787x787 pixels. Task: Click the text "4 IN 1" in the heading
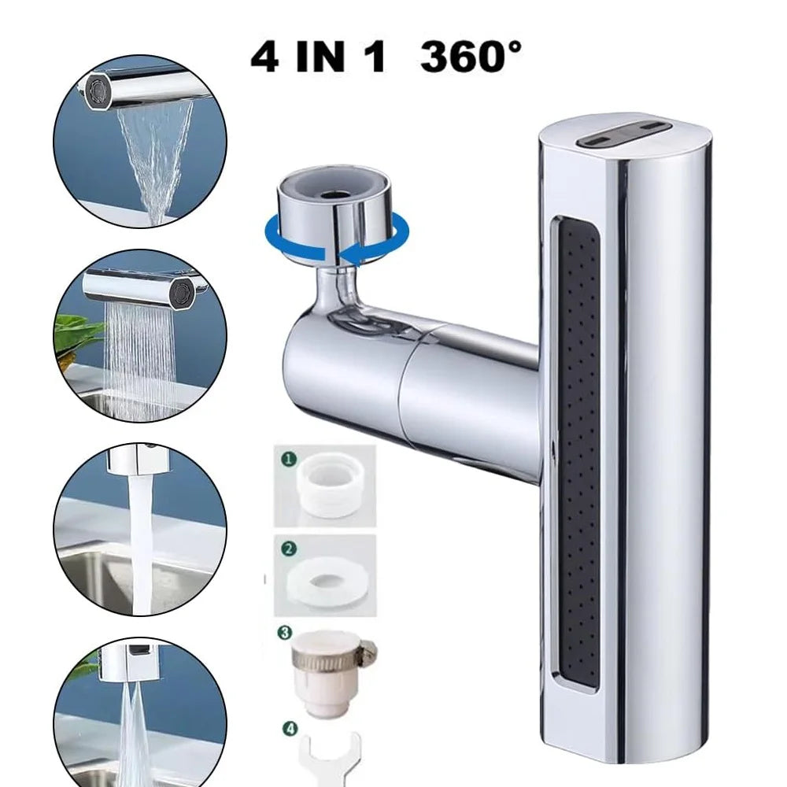point(320,57)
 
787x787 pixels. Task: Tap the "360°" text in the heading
point(471,56)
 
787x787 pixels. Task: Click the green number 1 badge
point(289,459)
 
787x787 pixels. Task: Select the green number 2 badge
point(288,549)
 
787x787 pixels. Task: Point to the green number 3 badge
point(284,633)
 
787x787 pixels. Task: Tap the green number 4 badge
point(290,728)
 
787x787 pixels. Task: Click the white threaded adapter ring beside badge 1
point(327,489)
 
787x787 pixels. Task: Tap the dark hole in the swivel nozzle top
point(331,194)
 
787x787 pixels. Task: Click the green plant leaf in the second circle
point(80,334)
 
